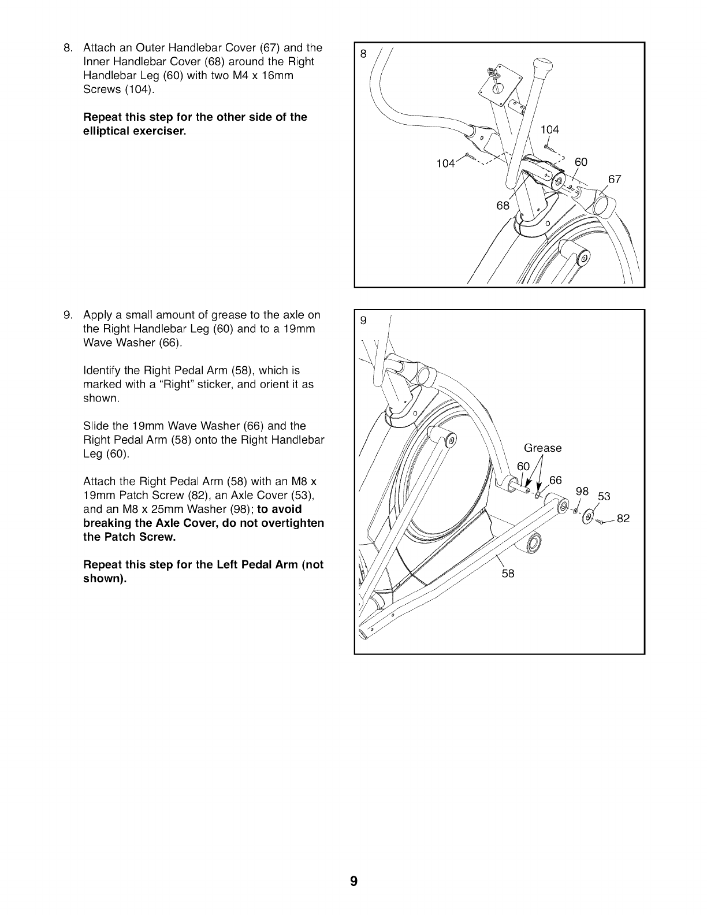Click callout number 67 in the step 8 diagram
pyautogui.click(x=615, y=179)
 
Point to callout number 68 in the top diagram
pyautogui.click(x=503, y=206)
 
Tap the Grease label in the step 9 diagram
pyautogui.click(x=542, y=448)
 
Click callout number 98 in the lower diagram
pyautogui.click(x=582, y=491)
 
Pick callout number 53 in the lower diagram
pyautogui.click(x=604, y=497)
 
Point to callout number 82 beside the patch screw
pyautogui.click(x=623, y=519)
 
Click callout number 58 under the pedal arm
pyautogui.click(x=508, y=574)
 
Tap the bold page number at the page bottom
pyautogui.click(x=353, y=881)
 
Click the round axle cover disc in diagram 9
pyautogui.click(x=589, y=516)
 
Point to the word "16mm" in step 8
pyautogui.click(x=274, y=76)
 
